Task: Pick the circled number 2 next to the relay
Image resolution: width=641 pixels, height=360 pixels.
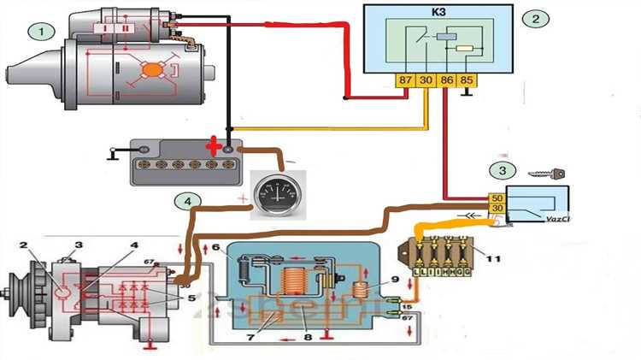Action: pos(535,18)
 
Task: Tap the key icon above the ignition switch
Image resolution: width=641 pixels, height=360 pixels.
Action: pos(544,175)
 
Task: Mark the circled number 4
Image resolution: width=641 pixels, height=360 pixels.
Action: pos(188,202)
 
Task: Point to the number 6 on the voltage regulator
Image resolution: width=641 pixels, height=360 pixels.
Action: pos(217,248)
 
